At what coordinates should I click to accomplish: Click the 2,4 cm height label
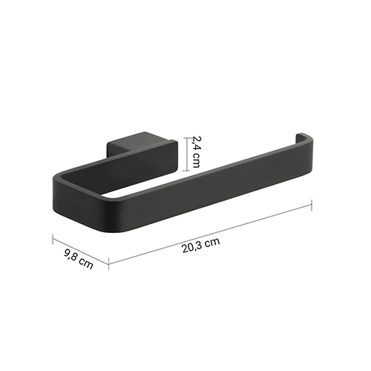pos(196,151)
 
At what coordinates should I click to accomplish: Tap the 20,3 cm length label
pos(201,245)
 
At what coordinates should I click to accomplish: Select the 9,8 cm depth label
pos(79,259)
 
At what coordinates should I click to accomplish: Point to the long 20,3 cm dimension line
pos(210,233)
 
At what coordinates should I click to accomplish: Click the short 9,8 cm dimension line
pos(81,251)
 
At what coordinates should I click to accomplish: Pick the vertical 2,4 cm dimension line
pos(186,154)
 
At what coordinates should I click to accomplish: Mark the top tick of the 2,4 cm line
pos(186,138)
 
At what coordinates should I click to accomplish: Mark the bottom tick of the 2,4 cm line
pos(186,171)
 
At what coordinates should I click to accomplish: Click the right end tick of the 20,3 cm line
pos(312,206)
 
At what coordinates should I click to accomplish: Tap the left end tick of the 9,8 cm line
pos(53,239)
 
